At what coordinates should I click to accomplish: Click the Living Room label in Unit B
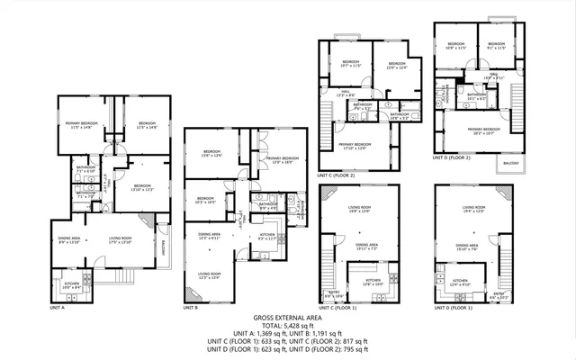pyautogui.click(x=209, y=274)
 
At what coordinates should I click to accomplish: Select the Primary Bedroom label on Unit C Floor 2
pyautogui.click(x=355, y=145)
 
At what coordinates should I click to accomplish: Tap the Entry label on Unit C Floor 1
pyautogui.click(x=335, y=292)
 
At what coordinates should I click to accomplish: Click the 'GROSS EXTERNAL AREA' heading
pyautogui.click(x=288, y=319)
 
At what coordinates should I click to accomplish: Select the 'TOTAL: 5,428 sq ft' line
pyautogui.click(x=288, y=326)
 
